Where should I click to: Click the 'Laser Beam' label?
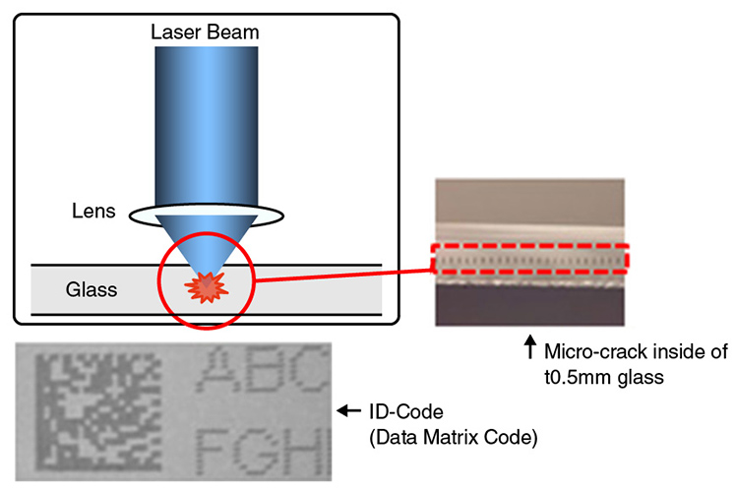click(x=204, y=31)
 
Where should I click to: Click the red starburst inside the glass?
click(x=204, y=288)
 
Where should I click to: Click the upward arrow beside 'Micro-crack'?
click(x=529, y=346)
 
